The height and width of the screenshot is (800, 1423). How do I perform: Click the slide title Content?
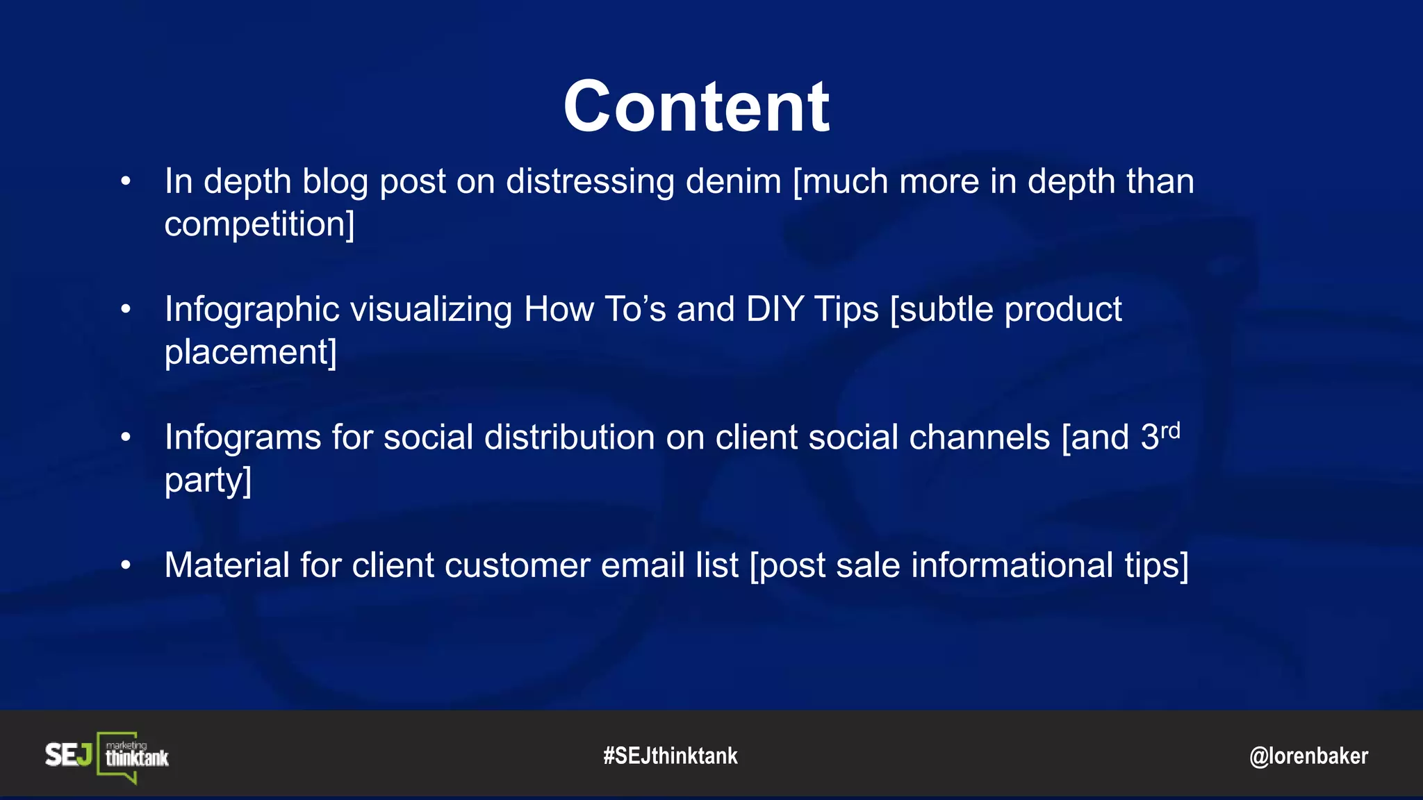696,107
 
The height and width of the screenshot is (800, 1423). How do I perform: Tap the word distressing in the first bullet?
590,182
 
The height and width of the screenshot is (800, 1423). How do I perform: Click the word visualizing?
431,310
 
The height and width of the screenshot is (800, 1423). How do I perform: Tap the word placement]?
250,352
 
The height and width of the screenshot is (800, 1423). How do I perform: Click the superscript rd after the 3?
1170,431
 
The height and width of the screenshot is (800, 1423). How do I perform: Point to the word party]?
208,481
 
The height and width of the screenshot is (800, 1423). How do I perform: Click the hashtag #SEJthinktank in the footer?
670,756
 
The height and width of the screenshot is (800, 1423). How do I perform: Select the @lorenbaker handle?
1308,756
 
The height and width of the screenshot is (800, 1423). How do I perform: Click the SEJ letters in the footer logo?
68,755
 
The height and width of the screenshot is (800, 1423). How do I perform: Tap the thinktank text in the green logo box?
137,758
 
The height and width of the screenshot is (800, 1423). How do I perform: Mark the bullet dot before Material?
126,565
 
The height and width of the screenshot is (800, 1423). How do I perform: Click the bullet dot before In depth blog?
126,182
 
